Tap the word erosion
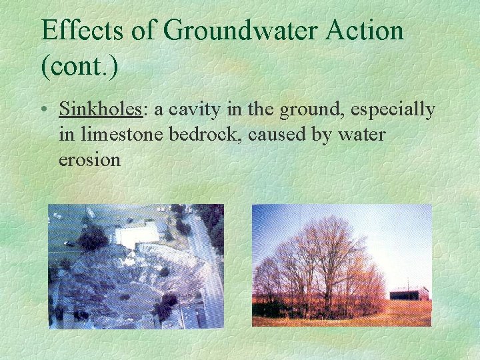90,160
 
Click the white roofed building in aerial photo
137,233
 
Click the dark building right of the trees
408,294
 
